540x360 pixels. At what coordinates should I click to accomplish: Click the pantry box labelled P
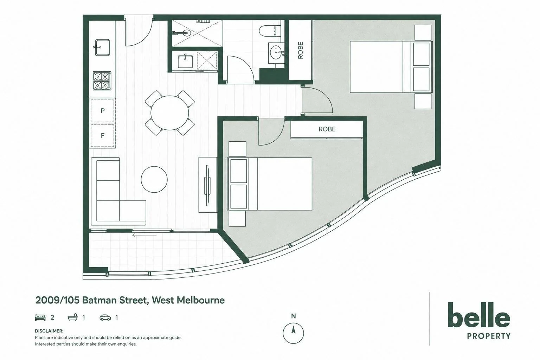click(x=102, y=111)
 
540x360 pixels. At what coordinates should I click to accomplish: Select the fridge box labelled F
click(x=102, y=136)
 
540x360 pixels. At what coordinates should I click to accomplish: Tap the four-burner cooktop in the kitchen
click(x=102, y=81)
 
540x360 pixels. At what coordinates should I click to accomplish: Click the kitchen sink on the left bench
click(x=102, y=47)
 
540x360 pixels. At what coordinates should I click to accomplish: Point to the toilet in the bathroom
click(x=270, y=31)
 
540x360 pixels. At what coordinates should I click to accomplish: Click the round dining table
click(x=170, y=113)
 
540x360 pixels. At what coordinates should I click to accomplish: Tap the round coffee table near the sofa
click(x=154, y=179)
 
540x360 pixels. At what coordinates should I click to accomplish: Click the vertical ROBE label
click(x=300, y=50)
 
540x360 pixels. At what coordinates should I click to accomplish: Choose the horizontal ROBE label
click(x=327, y=129)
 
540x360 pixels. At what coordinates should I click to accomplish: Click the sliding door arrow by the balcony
click(x=144, y=235)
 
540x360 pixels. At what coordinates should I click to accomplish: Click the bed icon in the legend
click(x=40, y=317)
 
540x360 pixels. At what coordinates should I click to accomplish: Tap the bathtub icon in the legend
click(x=73, y=317)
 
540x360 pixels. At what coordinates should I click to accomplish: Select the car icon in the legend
click(x=105, y=318)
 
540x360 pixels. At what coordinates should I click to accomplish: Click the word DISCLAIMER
click(x=49, y=331)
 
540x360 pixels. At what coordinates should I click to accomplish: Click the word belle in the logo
click(x=479, y=315)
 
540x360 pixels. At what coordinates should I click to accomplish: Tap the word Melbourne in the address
click(x=201, y=301)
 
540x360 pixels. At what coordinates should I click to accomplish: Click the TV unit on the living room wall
click(x=208, y=185)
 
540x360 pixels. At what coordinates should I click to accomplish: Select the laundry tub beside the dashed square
click(x=185, y=61)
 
